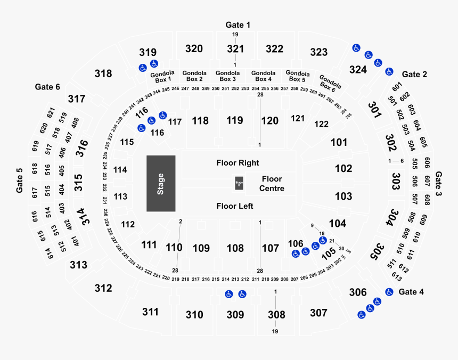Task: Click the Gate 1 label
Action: click(x=238, y=24)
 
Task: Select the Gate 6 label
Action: click(x=47, y=86)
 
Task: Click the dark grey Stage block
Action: click(x=161, y=184)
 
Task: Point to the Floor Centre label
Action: click(x=272, y=184)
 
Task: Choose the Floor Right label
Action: click(x=238, y=162)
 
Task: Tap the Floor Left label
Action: click(x=235, y=206)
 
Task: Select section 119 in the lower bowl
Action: click(x=234, y=121)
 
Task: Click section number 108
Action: click(x=235, y=248)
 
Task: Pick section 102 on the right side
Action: click(x=343, y=169)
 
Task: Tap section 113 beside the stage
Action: click(x=120, y=197)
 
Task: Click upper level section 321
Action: click(x=235, y=49)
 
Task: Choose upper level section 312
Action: click(x=103, y=288)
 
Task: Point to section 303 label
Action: click(x=396, y=176)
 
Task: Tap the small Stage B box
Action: click(x=239, y=184)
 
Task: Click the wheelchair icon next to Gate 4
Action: click(x=389, y=292)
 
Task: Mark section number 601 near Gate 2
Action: click(x=396, y=87)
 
